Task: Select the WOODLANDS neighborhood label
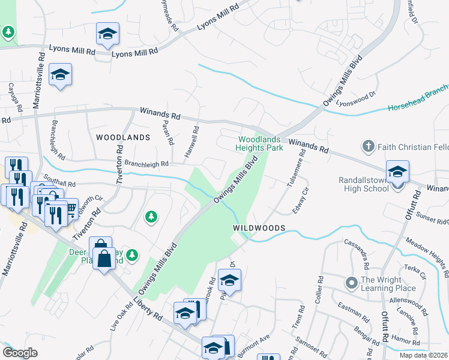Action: pos(122,137)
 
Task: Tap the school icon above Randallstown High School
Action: pos(397,172)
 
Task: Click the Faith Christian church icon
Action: pos(367,146)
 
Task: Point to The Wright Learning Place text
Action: pos(388,284)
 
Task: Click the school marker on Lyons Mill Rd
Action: pos(107,34)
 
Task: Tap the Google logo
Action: pos(20,353)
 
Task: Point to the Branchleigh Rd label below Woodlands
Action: pos(146,163)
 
